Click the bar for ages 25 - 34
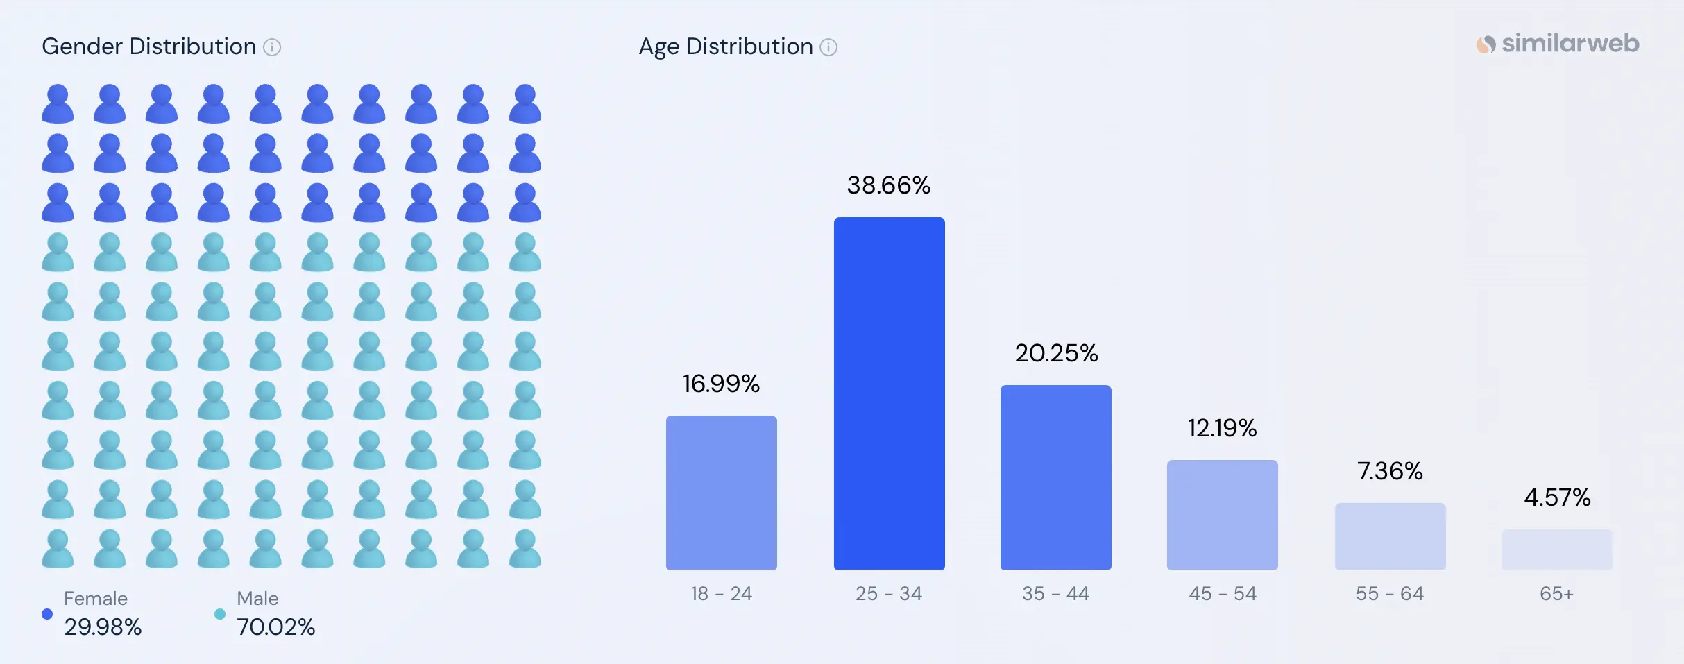[x=889, y=393]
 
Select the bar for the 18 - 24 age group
[x=721, y=493]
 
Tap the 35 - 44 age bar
[x=1055, y=477]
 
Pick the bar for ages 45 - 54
[x=1222, y=515]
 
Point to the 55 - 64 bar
[x=1390, y=536]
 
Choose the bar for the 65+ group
[x=1556, y=550]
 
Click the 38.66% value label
[x=889, y=185]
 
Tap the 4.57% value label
[x=1556, y=497]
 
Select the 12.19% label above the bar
[x=1222, y=428]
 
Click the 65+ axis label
[x=1556, y=594]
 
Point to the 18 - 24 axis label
[x=721, y=594]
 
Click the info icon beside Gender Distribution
[x=273, y=47]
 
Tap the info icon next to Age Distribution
[x=828, y=47]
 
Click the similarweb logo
[x=1558, y=44]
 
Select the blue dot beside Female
[x=47, y=614]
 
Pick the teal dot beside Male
[x=220, y=614]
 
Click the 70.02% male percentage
[x=275, y=627]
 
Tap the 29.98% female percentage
[x=103, y=627]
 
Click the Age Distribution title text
[x=725, y=46]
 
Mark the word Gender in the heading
[x=83, y=46]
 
